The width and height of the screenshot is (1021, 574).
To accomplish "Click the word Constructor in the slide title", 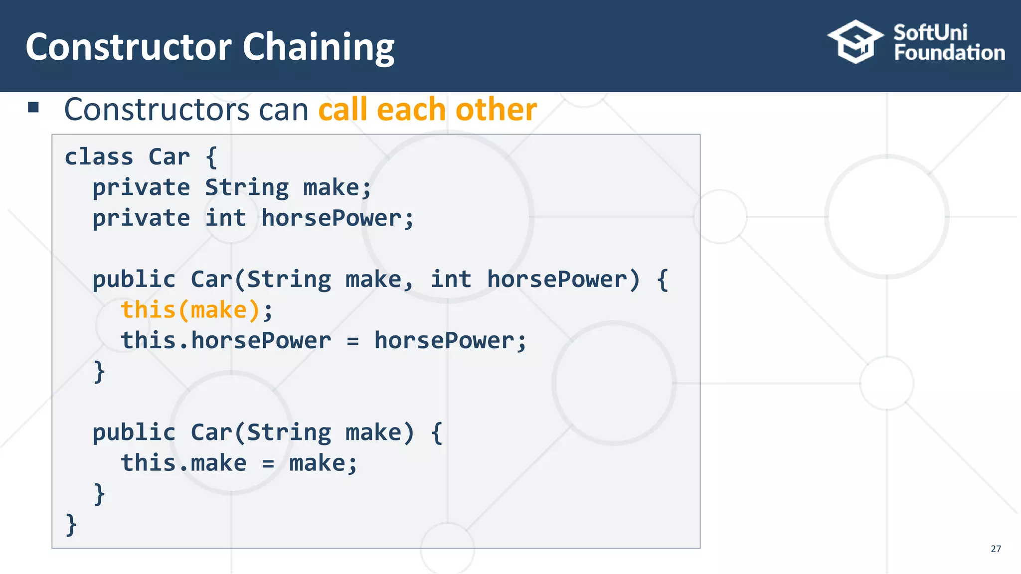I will click(x=129, y=47).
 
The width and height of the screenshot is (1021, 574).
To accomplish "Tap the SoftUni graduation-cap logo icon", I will click(x=855, y=42).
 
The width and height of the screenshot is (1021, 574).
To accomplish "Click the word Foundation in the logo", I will click(x=949, y=53).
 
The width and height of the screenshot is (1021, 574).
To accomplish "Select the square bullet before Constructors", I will click(x=33, y=107).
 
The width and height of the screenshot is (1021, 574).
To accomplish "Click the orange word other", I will click(x=496, y=110).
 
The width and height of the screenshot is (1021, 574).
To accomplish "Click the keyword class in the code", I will click(x=99, y=157).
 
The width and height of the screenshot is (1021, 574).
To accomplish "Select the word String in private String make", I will click(x=247, y=188).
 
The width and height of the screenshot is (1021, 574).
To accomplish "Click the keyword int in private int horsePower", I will click(x=225, y=218).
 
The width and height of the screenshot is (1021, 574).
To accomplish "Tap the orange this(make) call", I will click(x=190, y=310).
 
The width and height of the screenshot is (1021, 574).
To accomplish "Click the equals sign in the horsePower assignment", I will click(x=352, y=341).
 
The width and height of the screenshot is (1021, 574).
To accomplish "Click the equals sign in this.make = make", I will click(x=268, y=464).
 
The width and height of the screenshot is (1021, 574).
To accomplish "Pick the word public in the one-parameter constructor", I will click(x=134, y=432).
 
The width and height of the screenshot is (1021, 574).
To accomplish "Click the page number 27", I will click(x=996, y=549).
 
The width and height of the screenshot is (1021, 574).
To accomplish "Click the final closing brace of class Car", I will click(x=71, y=525).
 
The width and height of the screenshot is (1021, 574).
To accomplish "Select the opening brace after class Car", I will click(x=211, y=157).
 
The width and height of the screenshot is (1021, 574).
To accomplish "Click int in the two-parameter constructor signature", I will click(x=451, y=279).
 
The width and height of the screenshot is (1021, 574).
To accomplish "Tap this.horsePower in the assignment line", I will click(x=225, y=341).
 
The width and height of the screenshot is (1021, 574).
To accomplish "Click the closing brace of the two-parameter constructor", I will click(x=99, y=372).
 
